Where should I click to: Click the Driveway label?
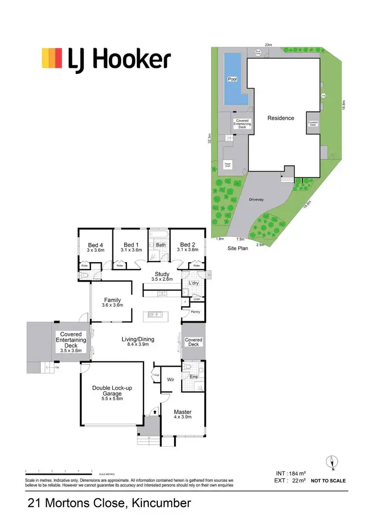click(x=256, y=199)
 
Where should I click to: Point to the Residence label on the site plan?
click(x=281, y=118)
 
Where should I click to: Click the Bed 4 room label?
click(x=96, y=245)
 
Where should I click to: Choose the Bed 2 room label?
click(x=187, y=245)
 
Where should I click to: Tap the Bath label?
click(x=161, y=245)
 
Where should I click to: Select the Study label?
click(x=162, y=274)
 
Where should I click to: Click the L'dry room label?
click(x=194, y=283)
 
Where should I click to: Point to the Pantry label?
click(x=195, y=311)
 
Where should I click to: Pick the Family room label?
click(x=112, y=300)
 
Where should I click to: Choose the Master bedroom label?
click(x=183, y=412)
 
